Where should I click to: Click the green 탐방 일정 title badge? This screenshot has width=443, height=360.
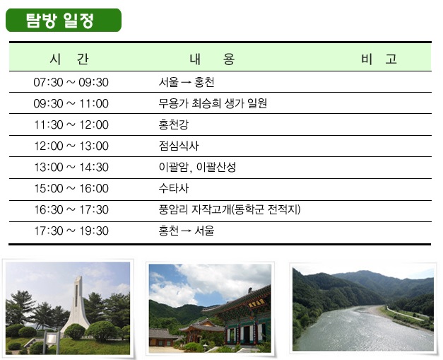pos(64,20)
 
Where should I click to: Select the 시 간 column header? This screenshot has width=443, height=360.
pos(69,59)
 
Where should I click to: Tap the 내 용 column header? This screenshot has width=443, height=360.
pos(212,59)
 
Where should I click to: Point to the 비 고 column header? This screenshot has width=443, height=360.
pos(379,59)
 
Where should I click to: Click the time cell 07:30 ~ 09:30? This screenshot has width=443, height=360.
pos(71,82)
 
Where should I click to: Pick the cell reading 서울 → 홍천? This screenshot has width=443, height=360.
pos(187,82)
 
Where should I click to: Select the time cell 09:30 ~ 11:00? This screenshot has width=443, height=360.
pos(71,103)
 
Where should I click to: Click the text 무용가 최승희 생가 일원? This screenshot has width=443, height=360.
pos(213,103)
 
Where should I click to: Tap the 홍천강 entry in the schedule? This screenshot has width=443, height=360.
pos(174,124)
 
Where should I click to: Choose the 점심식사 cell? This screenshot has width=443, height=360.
pos(179,146)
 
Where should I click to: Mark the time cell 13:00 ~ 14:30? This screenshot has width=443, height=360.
pos(71,167)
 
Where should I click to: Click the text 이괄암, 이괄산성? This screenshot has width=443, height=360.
pos(197,167)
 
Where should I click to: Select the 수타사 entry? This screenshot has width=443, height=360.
pos(174,188)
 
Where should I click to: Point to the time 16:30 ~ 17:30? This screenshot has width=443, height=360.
pos(71,209)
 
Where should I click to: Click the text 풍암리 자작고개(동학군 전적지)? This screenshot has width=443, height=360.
pos(230,209)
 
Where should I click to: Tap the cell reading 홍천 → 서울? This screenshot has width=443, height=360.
pos(187,231)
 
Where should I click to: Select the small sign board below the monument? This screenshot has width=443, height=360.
pos(51,339)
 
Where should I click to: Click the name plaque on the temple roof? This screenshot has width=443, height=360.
pos(256,303)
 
